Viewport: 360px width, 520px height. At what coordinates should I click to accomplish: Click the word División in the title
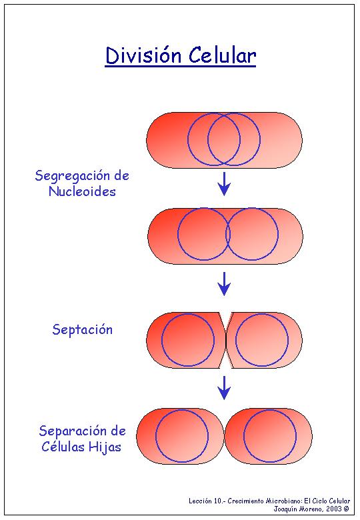point(143,55)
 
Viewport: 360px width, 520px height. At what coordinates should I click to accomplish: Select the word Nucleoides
point(82,191)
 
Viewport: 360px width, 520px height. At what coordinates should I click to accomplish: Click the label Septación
point(83,329)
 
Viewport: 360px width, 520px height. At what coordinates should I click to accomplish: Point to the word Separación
point(73,431)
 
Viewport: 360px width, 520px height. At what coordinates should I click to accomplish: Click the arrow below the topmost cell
point(225,184)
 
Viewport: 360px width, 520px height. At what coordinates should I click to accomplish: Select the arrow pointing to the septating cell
point(225,284)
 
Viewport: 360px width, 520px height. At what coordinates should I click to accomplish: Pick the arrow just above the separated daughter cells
point(225,388)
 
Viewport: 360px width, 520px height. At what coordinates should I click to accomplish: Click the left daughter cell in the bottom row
point(180,436)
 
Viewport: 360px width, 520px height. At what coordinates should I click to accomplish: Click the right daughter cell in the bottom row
point(269,436)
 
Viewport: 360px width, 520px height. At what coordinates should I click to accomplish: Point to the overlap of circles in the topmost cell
point(224,139)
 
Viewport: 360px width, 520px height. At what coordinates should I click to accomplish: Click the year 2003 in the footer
point(333,509)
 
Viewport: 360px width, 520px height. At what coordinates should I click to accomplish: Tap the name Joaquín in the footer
point(285,509)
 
